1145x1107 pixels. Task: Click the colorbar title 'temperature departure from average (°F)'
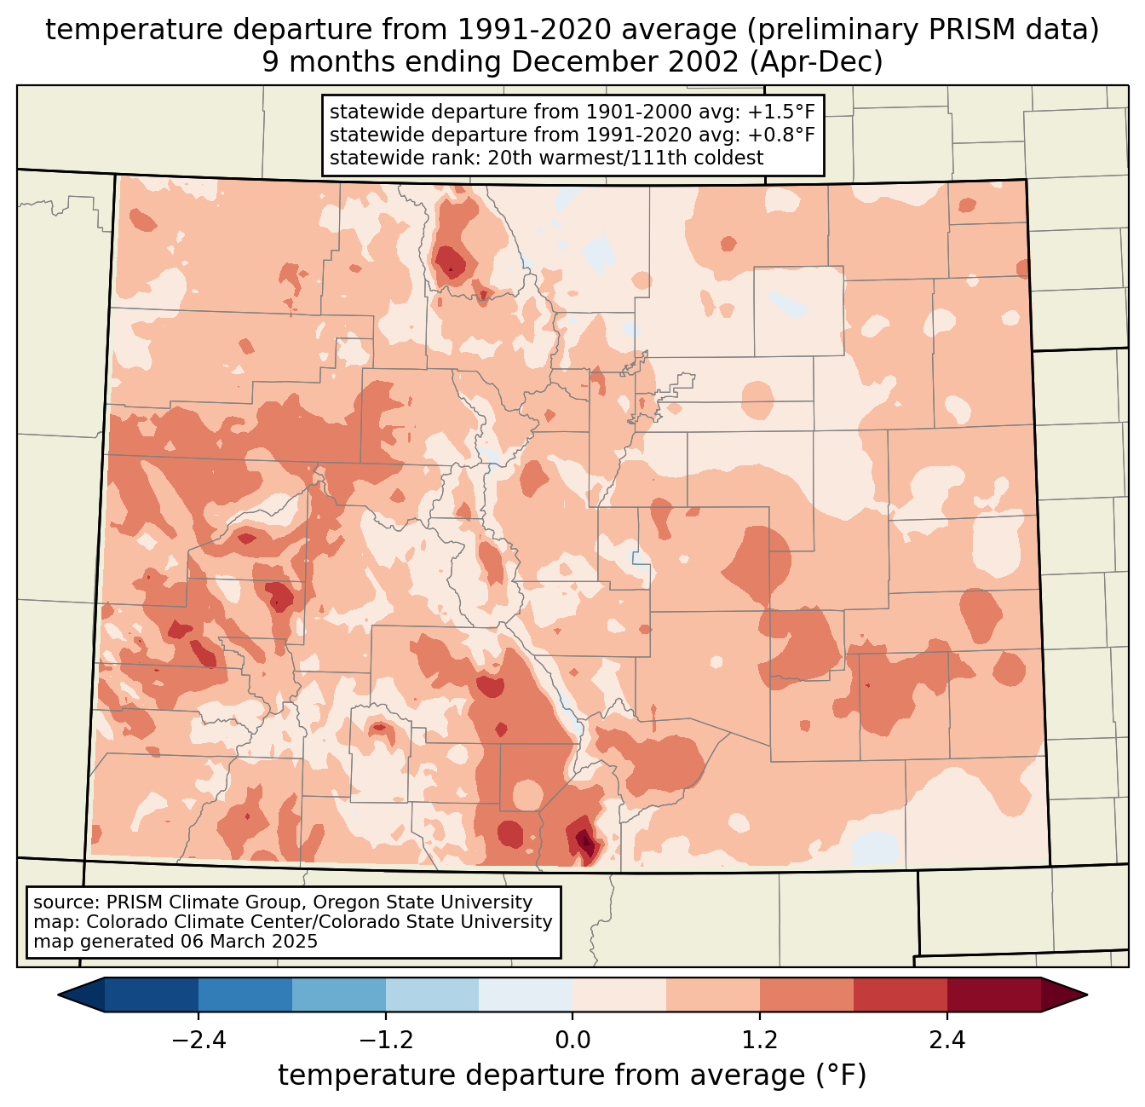[x=572, y=1075]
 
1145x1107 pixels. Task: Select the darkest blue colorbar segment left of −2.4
[x=152, y=995]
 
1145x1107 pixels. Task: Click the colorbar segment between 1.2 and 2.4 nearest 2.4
[x=900, y=995]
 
